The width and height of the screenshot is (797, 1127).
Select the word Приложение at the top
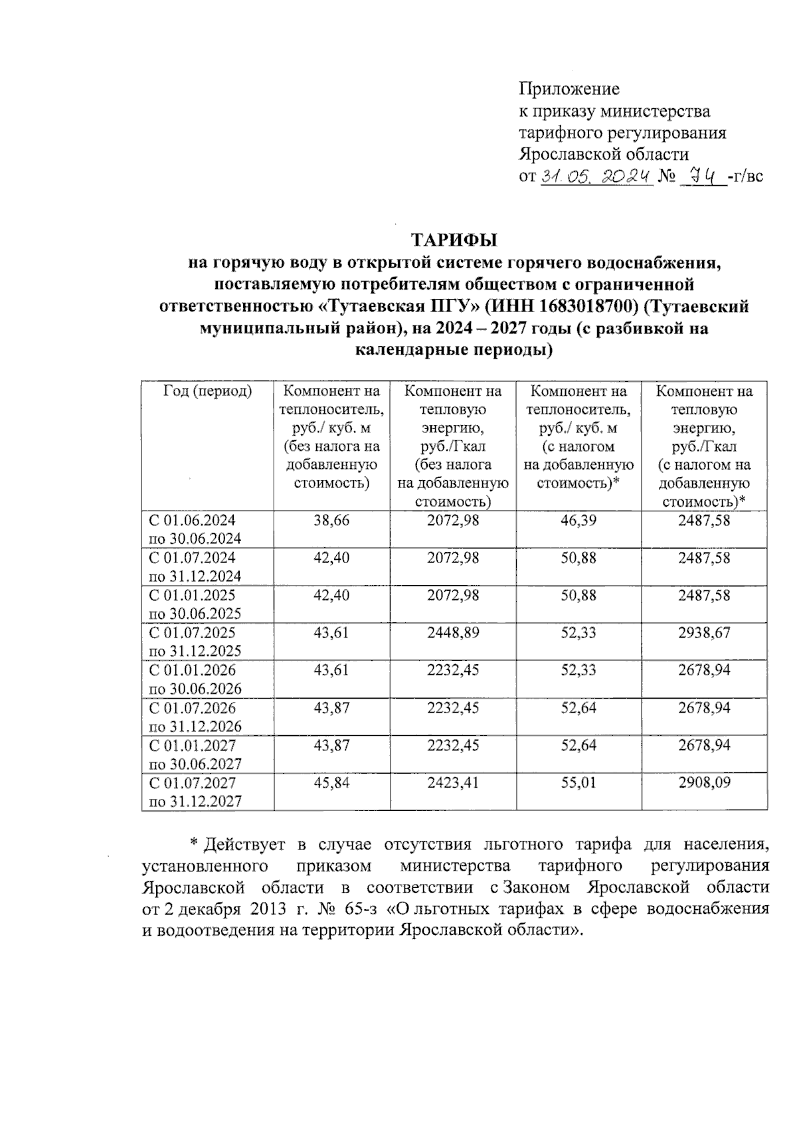point(569,88)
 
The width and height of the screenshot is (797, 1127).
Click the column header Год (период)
point(207,392)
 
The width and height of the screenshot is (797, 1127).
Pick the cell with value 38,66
point(331,521)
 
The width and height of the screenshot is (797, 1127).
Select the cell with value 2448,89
point(453,633)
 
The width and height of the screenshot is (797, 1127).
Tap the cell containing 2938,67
point(704,633)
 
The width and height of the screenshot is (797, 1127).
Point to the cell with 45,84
point(331,783)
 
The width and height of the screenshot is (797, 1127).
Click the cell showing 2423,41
point(453,783)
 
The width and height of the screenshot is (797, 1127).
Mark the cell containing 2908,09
point(704,783)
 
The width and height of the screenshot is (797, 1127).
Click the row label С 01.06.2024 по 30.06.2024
point(195,529)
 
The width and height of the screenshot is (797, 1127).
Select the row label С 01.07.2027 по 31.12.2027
point(195,792)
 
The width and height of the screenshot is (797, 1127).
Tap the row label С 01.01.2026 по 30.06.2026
point(195,679)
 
